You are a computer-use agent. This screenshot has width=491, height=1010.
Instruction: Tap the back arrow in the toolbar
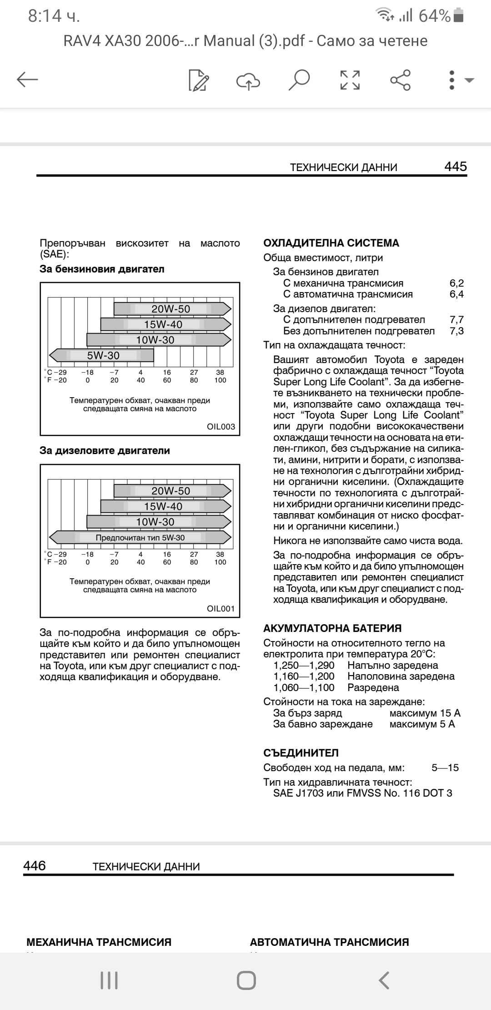pos(27,80)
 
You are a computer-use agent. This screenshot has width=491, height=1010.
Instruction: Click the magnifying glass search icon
pos(299,80)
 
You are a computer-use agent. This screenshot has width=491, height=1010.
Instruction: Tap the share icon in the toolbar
pos(401,80)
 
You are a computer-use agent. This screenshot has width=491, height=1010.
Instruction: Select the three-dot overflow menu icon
pos(451,80)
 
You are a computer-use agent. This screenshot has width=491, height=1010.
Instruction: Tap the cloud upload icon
pos(248,81)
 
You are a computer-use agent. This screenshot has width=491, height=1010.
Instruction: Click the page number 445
pos(455,167)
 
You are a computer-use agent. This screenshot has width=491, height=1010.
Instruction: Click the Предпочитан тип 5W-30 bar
pos(140,537)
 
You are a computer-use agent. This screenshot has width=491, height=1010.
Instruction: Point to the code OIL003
pos(221,427)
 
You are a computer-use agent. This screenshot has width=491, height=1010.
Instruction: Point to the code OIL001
pos(221,609)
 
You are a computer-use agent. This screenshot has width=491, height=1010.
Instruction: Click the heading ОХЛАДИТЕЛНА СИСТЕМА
pos(331,243)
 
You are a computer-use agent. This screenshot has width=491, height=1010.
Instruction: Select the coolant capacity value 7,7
pos(456,319)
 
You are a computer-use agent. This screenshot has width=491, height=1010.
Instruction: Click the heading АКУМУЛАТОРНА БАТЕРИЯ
pos(332,628)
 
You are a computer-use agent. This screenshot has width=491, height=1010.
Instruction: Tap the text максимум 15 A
pos(425,713)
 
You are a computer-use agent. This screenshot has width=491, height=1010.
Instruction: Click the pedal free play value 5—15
pos(445,768)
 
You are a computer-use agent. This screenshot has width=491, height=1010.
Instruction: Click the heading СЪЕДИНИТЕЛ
pos(301,753)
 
